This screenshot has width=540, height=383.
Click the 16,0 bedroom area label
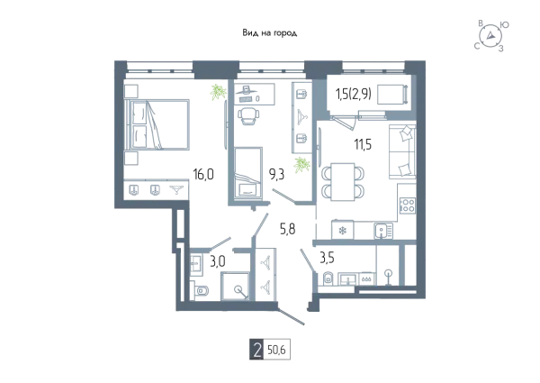tap(203, 175)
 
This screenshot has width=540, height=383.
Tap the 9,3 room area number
tap(276, 175)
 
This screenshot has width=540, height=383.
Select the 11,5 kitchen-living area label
tap(363, 144)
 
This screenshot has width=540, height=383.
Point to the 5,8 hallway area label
tap(288, 229)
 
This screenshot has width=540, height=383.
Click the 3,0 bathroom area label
tap(218, 261)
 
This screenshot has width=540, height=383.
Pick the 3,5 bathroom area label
tap(327, 258)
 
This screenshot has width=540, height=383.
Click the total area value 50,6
tap(276, 351)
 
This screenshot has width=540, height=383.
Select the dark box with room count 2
tap(256, 351)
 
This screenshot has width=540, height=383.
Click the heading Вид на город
tap(270, 33)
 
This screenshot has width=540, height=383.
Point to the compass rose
tap(490, 36)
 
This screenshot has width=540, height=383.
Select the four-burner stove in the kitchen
tap(408, 205)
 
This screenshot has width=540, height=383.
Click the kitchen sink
tap(383, 231)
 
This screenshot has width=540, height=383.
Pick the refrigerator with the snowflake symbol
tap(342, 230)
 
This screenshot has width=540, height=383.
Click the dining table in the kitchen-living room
tap(342, 182)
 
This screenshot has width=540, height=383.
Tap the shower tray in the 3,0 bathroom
tap(235, 287)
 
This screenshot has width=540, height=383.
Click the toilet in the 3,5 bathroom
tap(328, 278)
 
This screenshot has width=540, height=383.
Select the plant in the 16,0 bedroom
tap(218, 92)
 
